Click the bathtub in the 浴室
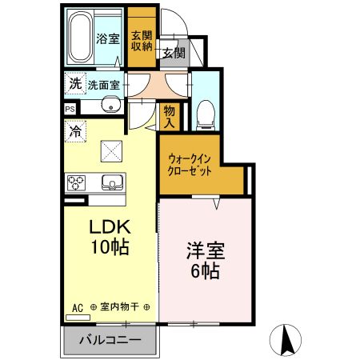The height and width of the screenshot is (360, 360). pyautogui.click(x=80, y=38)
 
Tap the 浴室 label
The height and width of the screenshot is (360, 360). pyautogui.click(x=108, y=38)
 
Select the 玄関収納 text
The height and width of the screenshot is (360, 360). pyautogui.click(x=142, y=39)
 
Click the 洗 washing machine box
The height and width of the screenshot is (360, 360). pyautogui.click(x=74, y=82)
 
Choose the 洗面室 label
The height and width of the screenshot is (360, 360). pyautogui.click(x=104, y=84)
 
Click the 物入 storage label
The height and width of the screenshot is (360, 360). pyautogui.click(x=170, y=116)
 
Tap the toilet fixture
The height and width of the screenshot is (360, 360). pyautogui.click(x=205, y=113)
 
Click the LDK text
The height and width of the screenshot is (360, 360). pyautogui.click(x=109, y=226)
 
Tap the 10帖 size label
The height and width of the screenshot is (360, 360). pyautogui.click(x=109, y=247)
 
